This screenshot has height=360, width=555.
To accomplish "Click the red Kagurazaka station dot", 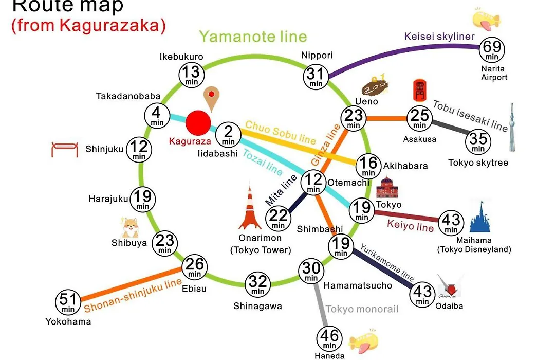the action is pyautogui.click(x=198, y=123).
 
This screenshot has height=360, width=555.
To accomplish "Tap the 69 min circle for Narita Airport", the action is pyautogui.click(x=492, y=49).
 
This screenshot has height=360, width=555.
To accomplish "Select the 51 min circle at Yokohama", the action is pyautogui.click(x=68, y=302).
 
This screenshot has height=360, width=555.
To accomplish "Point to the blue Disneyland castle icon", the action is pyautogui.click(x=480, y=217).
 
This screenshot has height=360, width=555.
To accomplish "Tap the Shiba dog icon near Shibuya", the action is pyautogui.click(x=130, y=227).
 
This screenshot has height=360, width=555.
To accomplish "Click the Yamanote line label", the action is pyautogui.click(x=253, y=37).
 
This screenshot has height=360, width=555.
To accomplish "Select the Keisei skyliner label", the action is pyautogui.click(x=439, y=36).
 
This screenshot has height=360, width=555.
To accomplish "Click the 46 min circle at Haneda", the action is pyautogui.click(x=329, y=339).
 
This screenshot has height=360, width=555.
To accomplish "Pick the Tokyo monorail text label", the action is pyautogui.click(x=362, y=309).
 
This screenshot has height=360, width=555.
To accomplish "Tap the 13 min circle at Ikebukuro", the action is pyautogui.click(x=192, y=75).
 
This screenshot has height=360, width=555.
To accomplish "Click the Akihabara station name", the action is pyautogui.click(x=405, y=166).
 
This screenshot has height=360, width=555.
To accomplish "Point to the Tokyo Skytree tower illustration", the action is pyautogui.click(x=512, y=128).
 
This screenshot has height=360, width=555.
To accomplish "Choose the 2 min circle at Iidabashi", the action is pyautogui.click(x=228, y=135).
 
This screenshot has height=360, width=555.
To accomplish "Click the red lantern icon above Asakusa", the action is pyautogui.click(x=419, y=91).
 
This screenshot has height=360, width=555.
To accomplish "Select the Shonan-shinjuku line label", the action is pyautogui.click(x=133, y=296).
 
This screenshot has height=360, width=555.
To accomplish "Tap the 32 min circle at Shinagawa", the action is pyautogui.click(x=257, y=284).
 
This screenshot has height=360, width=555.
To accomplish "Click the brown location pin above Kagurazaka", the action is pyautogui.click(x=211, y=99).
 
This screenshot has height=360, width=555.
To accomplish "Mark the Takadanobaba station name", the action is pyautogui.click(x=128, y=96).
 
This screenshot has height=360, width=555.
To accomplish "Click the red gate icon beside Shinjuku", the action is pyautogui.click(x=64, y=149).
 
